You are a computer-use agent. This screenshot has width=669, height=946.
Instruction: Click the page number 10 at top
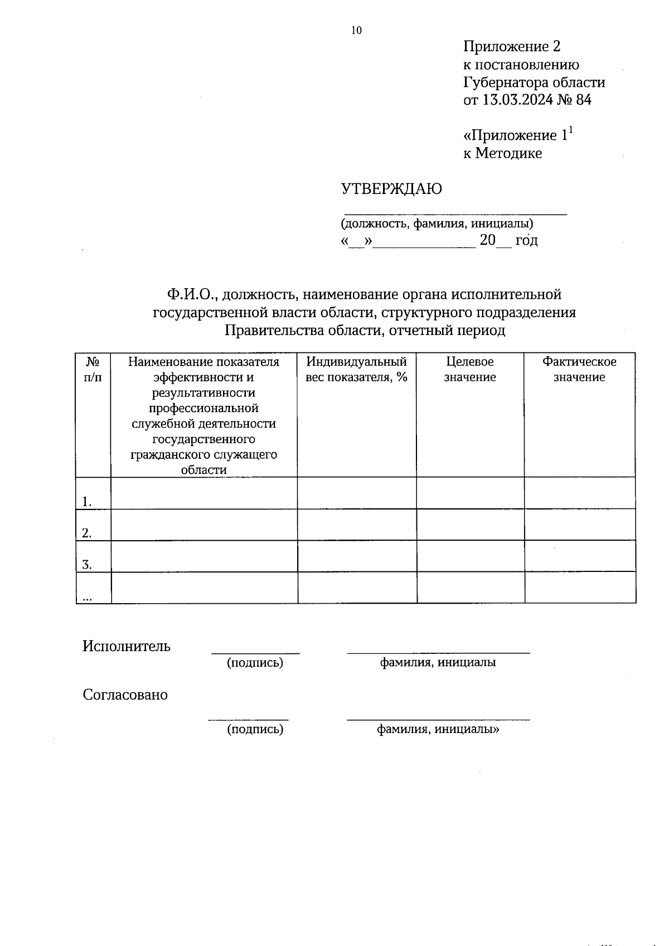tap(356, 31)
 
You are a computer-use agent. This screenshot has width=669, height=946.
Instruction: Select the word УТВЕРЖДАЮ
tap(391, 189)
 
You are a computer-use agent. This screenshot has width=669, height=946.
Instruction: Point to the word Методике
tap(508, 153)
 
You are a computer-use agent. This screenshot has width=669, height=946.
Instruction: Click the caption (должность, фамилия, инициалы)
tap(437, 224)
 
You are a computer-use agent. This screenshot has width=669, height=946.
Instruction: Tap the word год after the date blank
tap(526, 241)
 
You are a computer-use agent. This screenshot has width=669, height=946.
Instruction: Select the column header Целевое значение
tap(469, 369)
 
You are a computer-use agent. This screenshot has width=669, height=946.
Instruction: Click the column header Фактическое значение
tap(579, 369)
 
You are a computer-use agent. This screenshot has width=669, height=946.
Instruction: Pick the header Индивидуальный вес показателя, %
tap(356, 369)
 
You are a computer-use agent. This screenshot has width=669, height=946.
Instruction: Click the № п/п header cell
tap(93, 369)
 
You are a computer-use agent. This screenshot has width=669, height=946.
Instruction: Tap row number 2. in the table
tap(86, 533)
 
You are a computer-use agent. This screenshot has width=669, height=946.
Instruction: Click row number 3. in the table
tap(86, 565)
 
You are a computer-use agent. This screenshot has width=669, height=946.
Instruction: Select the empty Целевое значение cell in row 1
tap(470, 493)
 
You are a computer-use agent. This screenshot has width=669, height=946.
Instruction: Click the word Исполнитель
tap(127, 646)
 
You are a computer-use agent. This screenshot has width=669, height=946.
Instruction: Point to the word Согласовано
tap(125, 695)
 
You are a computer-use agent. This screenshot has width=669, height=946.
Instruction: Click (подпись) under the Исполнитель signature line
tap(255, 663)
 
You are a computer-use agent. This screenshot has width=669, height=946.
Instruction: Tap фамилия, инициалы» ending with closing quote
tap(438, 729)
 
